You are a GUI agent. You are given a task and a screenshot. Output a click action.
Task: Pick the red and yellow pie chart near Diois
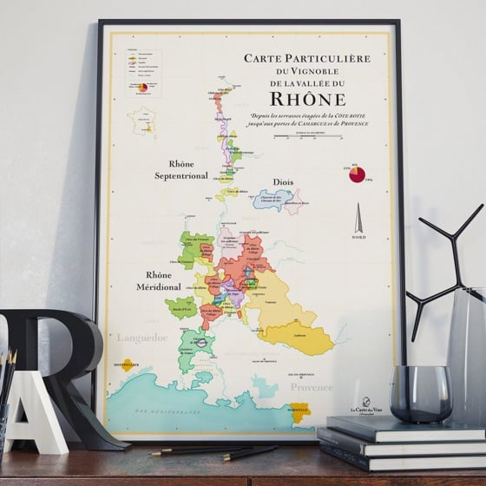tap(357, 174)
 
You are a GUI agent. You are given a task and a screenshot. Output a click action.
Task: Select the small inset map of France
tap(141, 120)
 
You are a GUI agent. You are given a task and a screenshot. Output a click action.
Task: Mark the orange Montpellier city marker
tap(128, 366)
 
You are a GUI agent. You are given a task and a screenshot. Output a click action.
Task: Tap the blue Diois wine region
tap(271, 200)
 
